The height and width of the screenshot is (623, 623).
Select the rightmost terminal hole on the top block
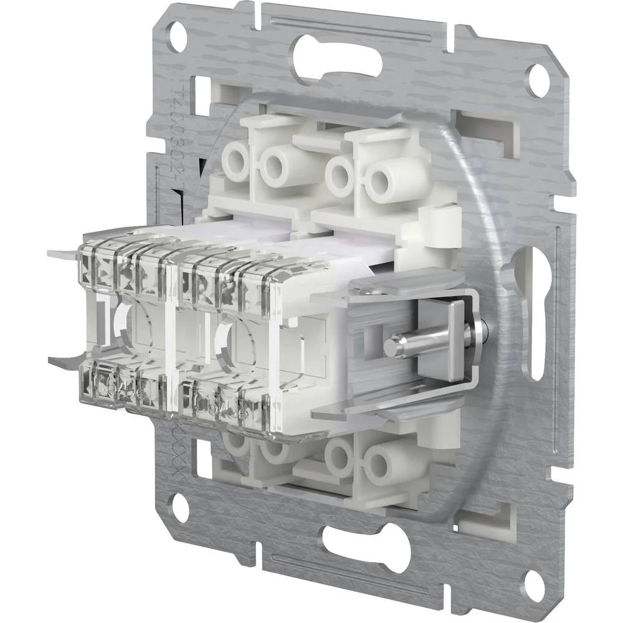click(x=382, y=181)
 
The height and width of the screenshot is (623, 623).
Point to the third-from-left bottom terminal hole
click(x=340, y=457)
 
